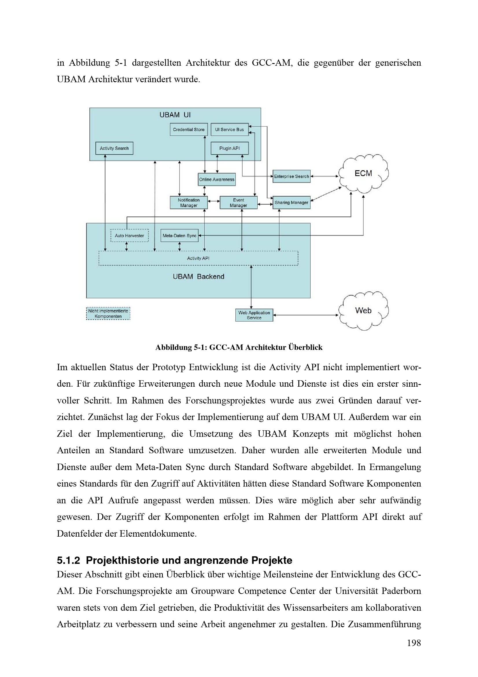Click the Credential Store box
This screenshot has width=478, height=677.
click(x=189, y=129)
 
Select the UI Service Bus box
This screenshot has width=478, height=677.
click(x=229, y=129)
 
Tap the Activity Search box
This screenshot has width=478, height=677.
click(x=114, y=148)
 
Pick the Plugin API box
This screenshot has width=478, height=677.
click(x=229, y=148)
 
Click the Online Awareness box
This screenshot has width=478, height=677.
click(x=217, y=179)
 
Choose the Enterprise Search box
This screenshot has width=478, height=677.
click(x=291, y=176)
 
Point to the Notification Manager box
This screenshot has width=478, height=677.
click(x=189, y=203)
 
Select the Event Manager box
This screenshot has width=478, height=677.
click(x=238, y=203)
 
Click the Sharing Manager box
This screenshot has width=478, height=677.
click(x=291, y=203)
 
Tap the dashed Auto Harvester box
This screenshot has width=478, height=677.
click(x=129, y=236)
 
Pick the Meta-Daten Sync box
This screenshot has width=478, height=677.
click(x=179, y=236)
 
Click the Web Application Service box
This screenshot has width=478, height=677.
click(x=254, y=315)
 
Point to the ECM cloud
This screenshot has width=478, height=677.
click(x=363, y=174)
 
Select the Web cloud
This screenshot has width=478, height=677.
click(x=363, y=311)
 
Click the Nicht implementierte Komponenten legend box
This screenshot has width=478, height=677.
click(x=108, y=314)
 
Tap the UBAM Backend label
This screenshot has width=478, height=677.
click(x=198, y=277)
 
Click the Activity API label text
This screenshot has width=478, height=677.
click(x=198, y=258)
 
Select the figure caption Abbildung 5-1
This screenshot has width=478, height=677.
click(x=239, y=347)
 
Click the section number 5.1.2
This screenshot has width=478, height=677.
click(x=68, y=560)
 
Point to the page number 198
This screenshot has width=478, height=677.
click(x=414, y=643)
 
